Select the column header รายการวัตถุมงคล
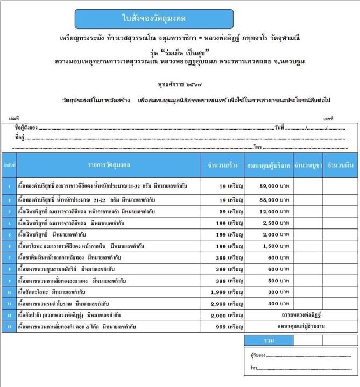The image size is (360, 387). pos(109,164)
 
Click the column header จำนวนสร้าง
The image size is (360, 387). pos(221,164)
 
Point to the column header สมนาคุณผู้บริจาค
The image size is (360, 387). pos(267,164)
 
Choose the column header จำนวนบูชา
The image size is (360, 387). pos(307,164)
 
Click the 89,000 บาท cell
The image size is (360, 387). pos(267,186)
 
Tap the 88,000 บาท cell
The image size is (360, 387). pos(267,200)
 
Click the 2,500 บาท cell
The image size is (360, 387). pos(267,223)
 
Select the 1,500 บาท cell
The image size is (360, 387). pos(267,246)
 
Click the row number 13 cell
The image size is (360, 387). pos(9,326)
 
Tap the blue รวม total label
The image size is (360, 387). pos(267,340)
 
